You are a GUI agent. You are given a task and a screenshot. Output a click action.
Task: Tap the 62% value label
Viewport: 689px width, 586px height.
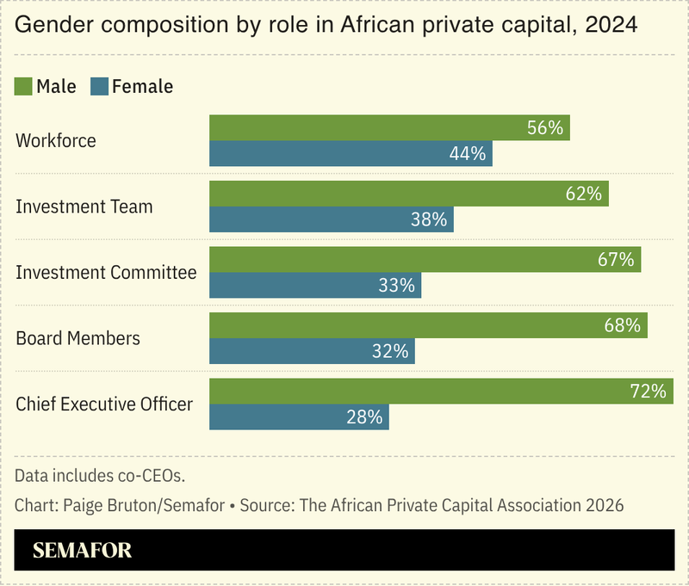pyautogui.click(x=583, y=194)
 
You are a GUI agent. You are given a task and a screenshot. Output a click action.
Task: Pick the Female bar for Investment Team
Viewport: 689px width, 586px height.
pyautogui.click(x=332, y=219)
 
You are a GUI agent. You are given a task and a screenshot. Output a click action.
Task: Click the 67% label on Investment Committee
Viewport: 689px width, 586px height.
pyautogui.click(x=616, y=259)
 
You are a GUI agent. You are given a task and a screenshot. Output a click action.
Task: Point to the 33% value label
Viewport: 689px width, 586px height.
pyautogui.click(x=397, y=285)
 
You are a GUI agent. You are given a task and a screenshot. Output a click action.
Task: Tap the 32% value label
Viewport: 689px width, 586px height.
pyautogui.click(x=390, y=351)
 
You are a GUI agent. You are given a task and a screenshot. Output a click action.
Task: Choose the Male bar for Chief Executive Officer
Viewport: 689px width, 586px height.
pyautogui.click(x=448, y=391)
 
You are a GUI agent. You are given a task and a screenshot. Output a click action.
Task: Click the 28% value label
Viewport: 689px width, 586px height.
pyautogui.click(x=364, y=416)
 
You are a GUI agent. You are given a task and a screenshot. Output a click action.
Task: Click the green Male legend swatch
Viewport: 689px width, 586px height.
pyautogui.click(x=24, y=86)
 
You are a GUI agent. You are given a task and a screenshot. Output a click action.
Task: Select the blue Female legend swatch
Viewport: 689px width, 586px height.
pyautogui.click(x=99, y=86)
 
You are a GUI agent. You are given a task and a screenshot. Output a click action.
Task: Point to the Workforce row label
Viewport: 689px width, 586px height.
pyautogui.click(x=56, y=141)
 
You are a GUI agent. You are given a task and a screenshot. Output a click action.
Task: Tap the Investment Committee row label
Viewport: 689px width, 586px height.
pyautogui.click(x=106, y=273)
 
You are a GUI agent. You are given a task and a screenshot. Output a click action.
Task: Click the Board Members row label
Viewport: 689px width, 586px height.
pyautogui.click(x=78, y=338)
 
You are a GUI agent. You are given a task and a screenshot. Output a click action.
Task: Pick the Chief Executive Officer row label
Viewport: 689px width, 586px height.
pyautogui.click(x=104, y=404)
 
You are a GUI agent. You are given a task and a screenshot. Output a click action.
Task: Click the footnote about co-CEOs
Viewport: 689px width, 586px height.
pyautogui.click(x=100, y=475)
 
